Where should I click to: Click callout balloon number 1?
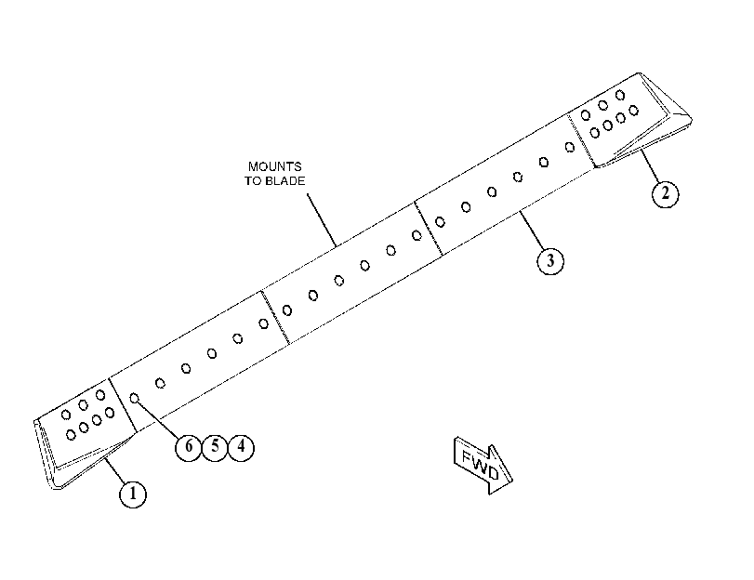tap(133, 494)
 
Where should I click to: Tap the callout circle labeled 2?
tap(666, 193)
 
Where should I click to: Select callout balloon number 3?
tap(550, 260)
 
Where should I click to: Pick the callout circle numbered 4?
tap(241, 447)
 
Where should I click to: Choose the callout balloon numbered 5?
tap(215, 447)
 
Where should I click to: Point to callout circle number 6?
tap(188, 447)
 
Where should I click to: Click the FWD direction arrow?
tap(483, 465)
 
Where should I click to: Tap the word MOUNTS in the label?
tap(274, 166)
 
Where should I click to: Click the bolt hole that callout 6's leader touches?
tap(135, 398)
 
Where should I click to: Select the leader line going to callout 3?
tap(532, 230)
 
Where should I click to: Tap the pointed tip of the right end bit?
tap(691, 118)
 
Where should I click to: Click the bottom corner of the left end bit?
tap(57, 488)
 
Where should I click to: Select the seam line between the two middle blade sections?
tap(275, 317)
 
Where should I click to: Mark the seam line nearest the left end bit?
tap(123, 404)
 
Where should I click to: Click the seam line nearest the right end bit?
tap(581, 140)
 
